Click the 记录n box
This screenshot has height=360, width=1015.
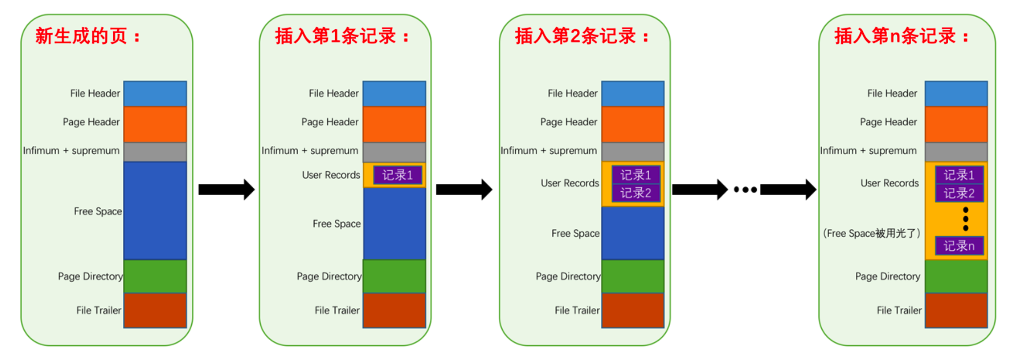[959, 245]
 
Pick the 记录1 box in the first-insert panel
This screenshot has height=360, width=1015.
[397, 175]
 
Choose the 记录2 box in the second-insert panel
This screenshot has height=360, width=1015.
[635, 193]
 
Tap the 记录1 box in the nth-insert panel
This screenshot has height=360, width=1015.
[959, 175]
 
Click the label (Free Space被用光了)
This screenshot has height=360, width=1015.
[872, 233]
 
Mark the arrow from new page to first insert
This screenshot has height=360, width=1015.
[226, 189]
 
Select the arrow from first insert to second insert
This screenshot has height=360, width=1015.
[464, 189]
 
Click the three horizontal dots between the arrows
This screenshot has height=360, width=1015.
[745, 189]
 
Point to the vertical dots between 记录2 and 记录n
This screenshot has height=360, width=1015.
[965, 219]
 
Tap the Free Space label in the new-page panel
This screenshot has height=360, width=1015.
[98, 211]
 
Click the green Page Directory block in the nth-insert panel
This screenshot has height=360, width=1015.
[956, 276]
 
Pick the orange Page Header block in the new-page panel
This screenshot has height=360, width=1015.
[155, 124]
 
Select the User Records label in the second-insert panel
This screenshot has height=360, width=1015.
[569, 183]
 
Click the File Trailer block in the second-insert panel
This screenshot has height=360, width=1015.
[632, 310]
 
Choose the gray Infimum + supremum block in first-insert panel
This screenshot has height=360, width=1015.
[394, 152]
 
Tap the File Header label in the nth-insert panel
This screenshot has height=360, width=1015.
[892, 93]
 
